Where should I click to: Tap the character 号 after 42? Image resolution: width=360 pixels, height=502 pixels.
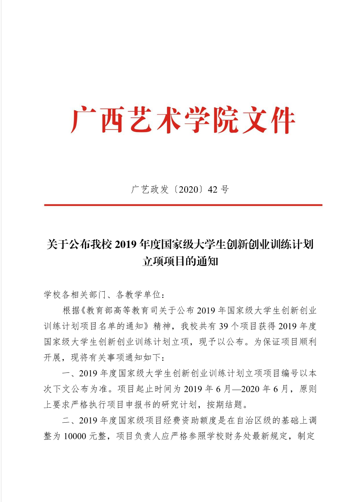[x=224, y=190]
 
